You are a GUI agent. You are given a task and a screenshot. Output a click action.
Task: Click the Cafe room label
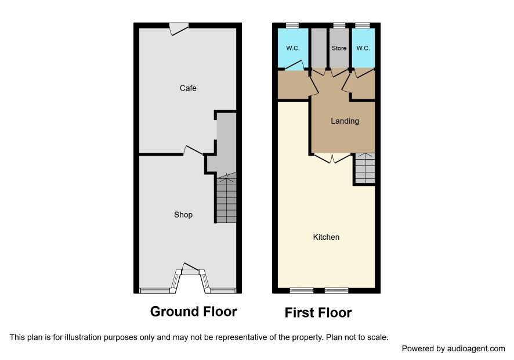(x=188, y=88)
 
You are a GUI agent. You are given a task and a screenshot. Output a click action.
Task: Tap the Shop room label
(x=183, y=215)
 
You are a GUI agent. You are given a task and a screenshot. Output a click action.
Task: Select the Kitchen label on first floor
(x=326, y=237)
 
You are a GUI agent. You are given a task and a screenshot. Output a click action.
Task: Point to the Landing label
(x=345, y=121)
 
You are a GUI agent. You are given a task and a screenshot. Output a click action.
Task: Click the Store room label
(x=339, y=48)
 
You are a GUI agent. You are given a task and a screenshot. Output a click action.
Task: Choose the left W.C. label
(x=293, y=48)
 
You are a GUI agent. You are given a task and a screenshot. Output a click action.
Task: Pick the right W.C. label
(x=363, y=48)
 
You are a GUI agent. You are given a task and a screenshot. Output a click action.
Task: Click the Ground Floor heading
(x=193, y=311)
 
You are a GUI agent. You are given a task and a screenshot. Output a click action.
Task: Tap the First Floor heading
(x=318, y=312)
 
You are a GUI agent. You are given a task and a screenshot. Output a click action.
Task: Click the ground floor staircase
(x=226, y=198)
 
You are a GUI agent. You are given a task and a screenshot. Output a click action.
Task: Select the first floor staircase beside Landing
(x=365, y=168)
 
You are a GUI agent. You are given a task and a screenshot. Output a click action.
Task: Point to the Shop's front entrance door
(x=190, y=268)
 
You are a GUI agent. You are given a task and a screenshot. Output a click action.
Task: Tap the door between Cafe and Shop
(x=193, y=150)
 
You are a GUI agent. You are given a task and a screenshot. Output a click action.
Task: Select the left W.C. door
(x=294, y=65)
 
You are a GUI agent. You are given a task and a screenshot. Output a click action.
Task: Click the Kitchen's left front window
(x=302, y=290)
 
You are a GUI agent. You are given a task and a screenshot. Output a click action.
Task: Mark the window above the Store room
(x=339, y=26)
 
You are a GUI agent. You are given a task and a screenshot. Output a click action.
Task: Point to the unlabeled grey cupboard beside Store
(x=318, y=48)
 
